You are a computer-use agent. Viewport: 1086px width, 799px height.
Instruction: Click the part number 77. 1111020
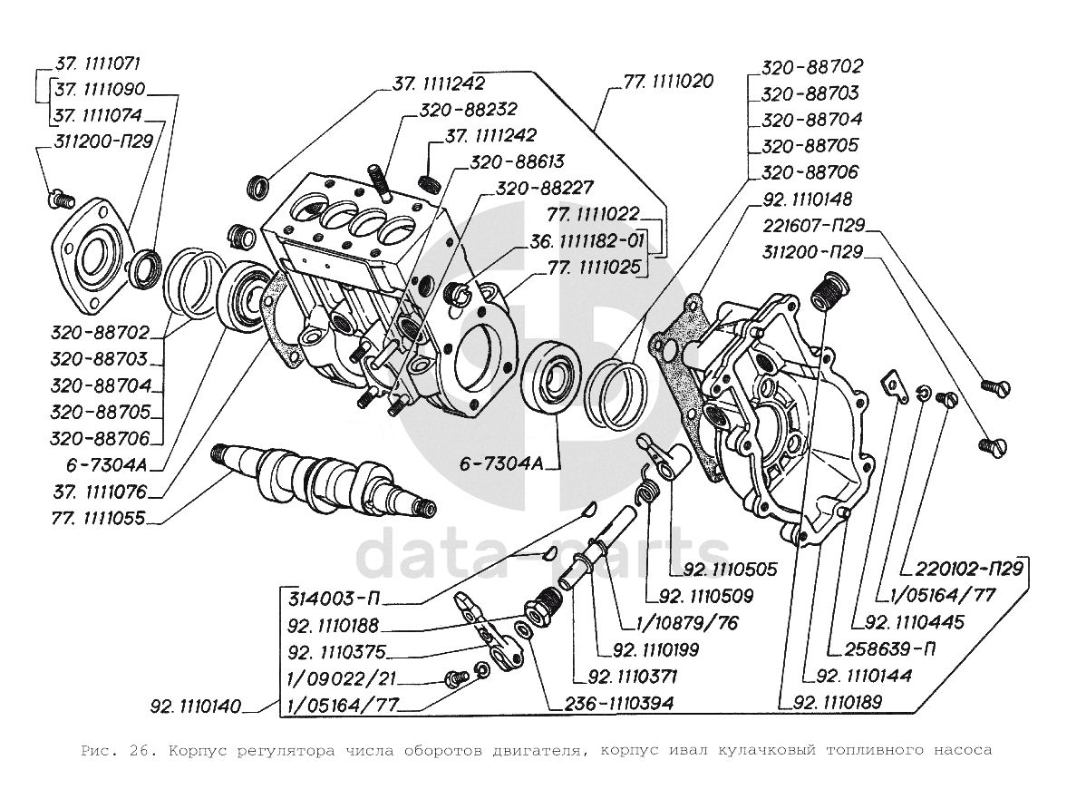click(668, 82)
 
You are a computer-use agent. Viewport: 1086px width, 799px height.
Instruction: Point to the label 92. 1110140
click(196, 706)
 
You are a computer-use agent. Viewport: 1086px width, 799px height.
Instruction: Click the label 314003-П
click(335, 598)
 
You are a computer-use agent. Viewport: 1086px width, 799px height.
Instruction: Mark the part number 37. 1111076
click(101, 492)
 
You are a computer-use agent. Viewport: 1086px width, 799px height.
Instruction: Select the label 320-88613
click(518, 162)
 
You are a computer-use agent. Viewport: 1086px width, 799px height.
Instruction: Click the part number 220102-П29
click(969, 569)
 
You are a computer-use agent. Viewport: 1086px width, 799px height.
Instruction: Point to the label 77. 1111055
click(98, 519)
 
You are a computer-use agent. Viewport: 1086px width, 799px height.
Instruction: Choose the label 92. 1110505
click(731, 569)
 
